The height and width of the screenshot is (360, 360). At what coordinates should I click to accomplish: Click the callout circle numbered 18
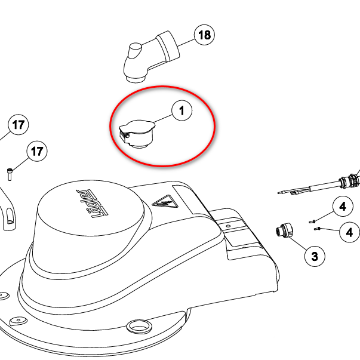(204, 35)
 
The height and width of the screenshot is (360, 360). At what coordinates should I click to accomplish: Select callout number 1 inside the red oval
(182, 110)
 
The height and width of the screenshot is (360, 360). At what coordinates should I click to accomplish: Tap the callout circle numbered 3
(315, 256)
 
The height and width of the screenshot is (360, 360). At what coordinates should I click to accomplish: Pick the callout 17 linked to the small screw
(37, 151)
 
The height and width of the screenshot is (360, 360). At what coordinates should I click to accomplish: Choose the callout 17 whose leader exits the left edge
(18, 125)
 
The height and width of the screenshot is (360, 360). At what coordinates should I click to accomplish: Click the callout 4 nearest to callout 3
(349, 232)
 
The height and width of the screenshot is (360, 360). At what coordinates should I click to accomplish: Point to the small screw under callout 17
(10, 174)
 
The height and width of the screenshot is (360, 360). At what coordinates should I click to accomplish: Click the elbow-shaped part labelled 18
(152, 57)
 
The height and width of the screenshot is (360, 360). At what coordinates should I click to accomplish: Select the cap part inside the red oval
(137, 134)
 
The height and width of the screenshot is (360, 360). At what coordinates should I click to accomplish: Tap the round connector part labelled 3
(285, 230)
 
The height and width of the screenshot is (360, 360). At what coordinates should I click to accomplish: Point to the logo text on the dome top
(93, 204)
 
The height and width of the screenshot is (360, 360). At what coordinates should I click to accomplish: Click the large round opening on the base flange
(139, 327)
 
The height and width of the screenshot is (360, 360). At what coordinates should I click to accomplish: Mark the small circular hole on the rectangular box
(228, 226)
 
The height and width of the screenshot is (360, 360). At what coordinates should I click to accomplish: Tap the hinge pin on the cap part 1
(127, 136)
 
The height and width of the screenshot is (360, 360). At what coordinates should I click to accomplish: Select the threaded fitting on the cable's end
(350, 181)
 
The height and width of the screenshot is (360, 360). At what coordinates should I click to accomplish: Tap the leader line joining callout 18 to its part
(186, 42)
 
